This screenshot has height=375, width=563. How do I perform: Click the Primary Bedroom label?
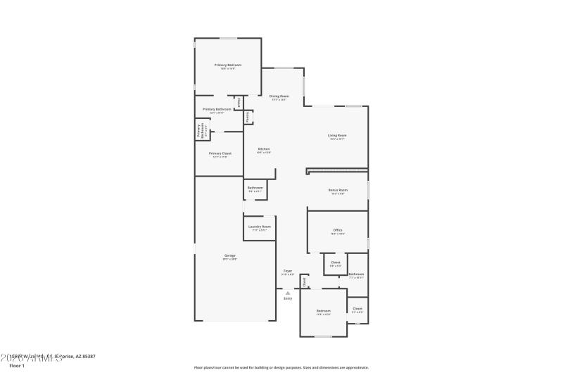pos(227,65)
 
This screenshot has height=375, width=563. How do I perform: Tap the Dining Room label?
pos(279,96)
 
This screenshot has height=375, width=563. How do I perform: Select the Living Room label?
pos(337,135)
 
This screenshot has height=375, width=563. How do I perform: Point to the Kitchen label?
pos(264,148)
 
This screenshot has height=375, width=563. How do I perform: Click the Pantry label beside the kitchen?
pos(248,117)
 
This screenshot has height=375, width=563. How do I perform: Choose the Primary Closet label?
pos(220,153)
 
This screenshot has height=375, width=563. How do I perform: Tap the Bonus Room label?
pos(339,190)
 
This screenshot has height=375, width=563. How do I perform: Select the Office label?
pos(338,230)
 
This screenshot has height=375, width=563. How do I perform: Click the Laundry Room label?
pos(258,227)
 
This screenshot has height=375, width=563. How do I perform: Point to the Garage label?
pos(230,255)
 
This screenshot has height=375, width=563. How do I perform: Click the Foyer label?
pos(288,270)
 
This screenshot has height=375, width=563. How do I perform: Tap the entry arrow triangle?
pos(287,292)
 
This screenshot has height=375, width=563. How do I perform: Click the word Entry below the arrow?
pos(287,299)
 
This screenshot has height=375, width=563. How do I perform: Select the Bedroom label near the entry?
pos(323,311)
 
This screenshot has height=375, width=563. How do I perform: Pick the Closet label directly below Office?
pos(336,262)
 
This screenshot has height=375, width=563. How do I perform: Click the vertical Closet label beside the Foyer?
pos(304,281)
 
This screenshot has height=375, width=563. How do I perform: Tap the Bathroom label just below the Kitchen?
pos(255,187)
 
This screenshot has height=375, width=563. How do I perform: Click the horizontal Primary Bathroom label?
pos(217,109)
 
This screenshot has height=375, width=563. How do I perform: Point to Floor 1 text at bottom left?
pos(17,366)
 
